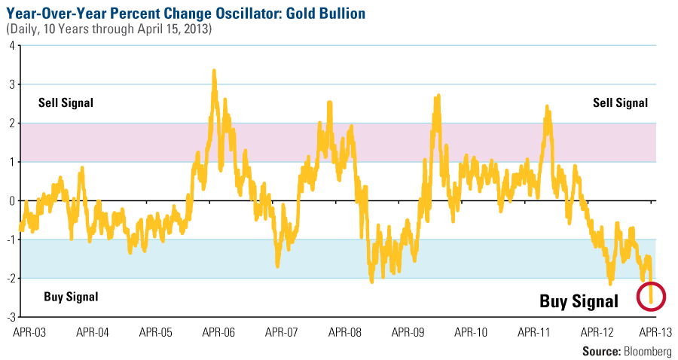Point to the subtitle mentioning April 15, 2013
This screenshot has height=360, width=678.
tap(109, 29)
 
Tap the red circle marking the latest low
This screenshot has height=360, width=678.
tap(651, 296)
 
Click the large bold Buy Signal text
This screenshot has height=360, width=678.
tap(579, 302)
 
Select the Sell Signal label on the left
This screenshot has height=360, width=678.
tap(66, 103)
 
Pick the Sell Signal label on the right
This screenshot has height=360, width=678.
tap(619, 103)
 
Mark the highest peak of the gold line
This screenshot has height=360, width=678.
tap(214, 72)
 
